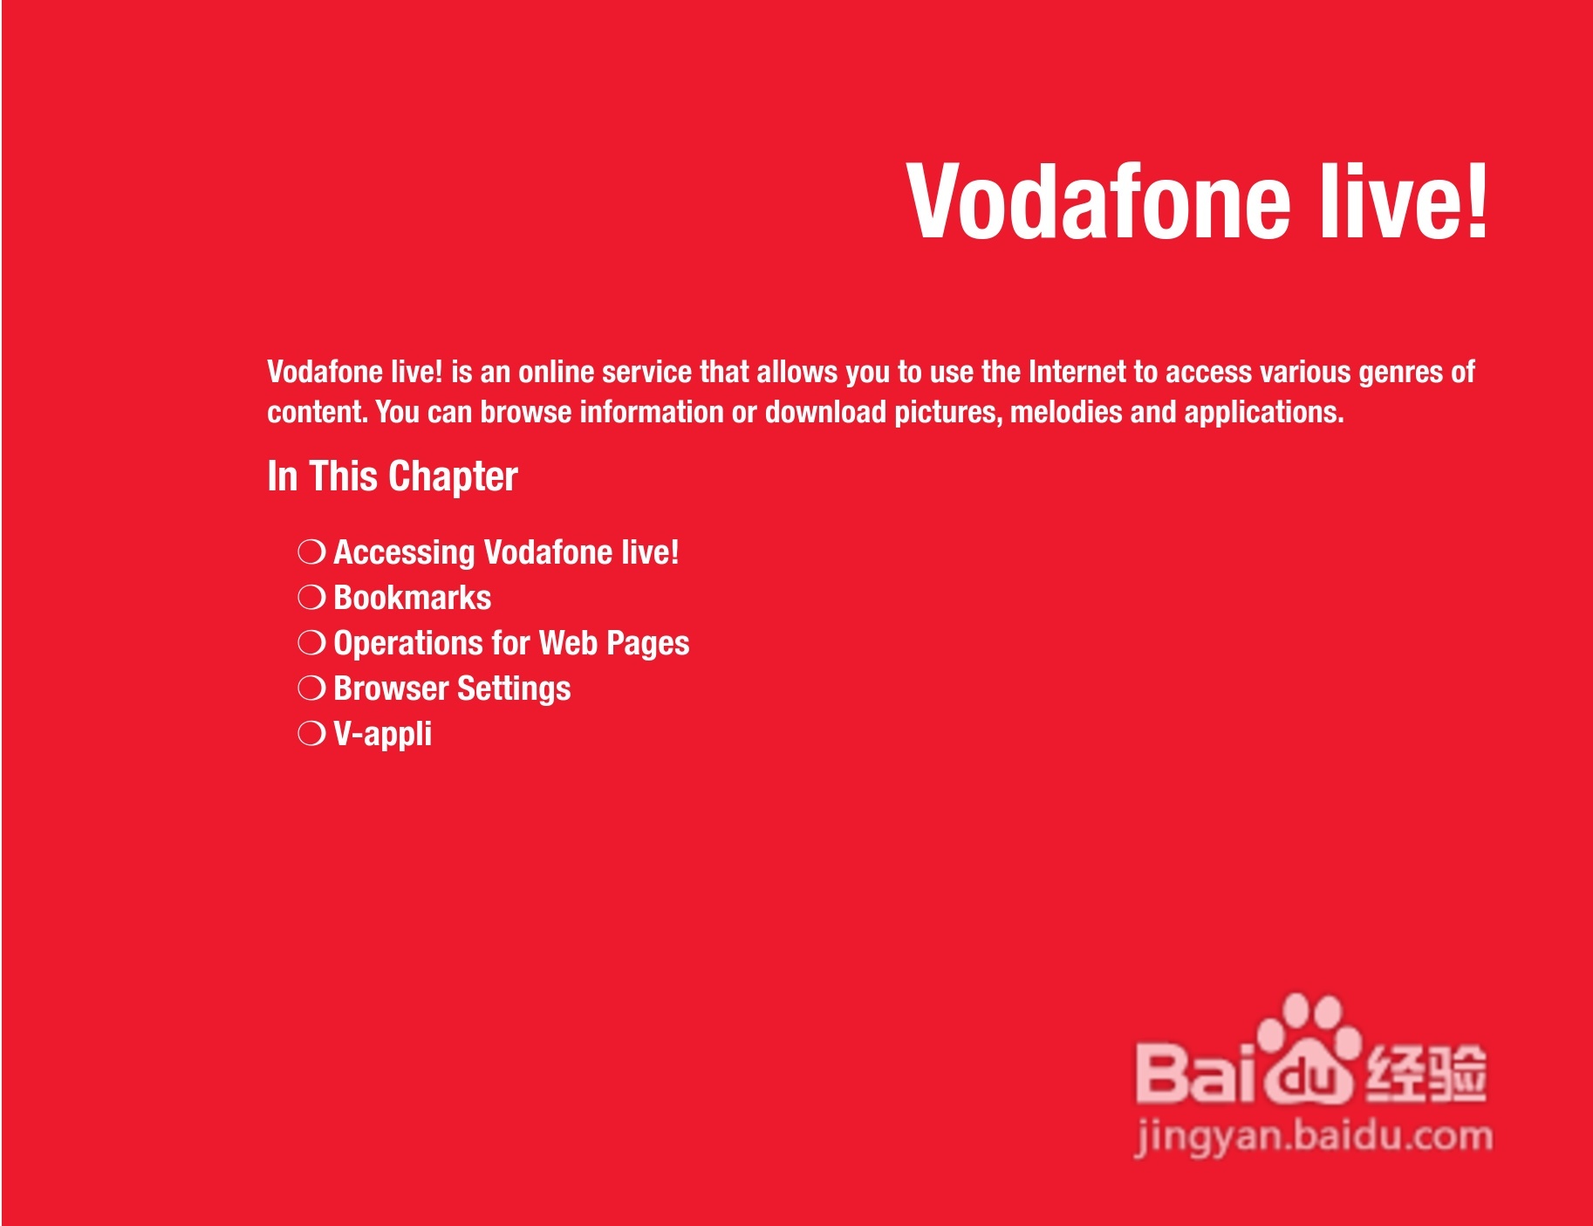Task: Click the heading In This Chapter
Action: (x=393, y=477)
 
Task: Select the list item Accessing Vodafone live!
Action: (x=506, y=552)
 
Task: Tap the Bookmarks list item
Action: (x=413, y=598)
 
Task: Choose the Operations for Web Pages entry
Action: (x=511, y=644)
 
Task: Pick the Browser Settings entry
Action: (x=452, y=689)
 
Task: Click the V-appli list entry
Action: (x=383, y=735)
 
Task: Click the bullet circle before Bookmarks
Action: (x=311, y=598)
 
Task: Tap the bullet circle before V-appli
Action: (x=311, y=734)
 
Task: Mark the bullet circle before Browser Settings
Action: (x=311, y=688)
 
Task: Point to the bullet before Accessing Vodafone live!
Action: (x=311, y=552)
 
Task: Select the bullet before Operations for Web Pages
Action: (x=311, y=643)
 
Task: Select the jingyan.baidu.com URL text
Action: (x=1314, y=1137)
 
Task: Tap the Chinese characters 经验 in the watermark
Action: (x=1425, y=1072)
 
